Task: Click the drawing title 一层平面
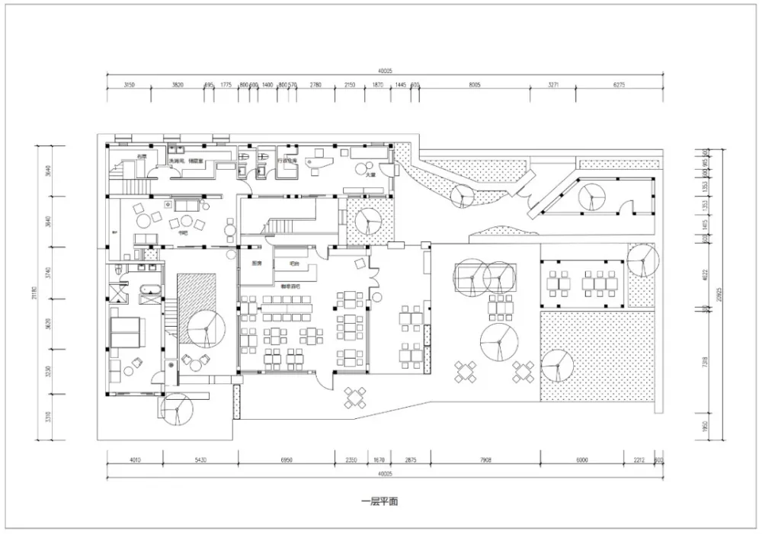click(379, 501)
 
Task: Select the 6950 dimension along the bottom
click(287, 460)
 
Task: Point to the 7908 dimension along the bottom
click(485, 460)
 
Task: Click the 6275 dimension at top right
click(619, 85)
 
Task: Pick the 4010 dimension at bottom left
click(134, 460)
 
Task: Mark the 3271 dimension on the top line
click(553, 85)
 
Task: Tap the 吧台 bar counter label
click(294, 264)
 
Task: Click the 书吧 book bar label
click(182, 234)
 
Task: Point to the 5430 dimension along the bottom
click(199, 460)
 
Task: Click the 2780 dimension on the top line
click(315, 85)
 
